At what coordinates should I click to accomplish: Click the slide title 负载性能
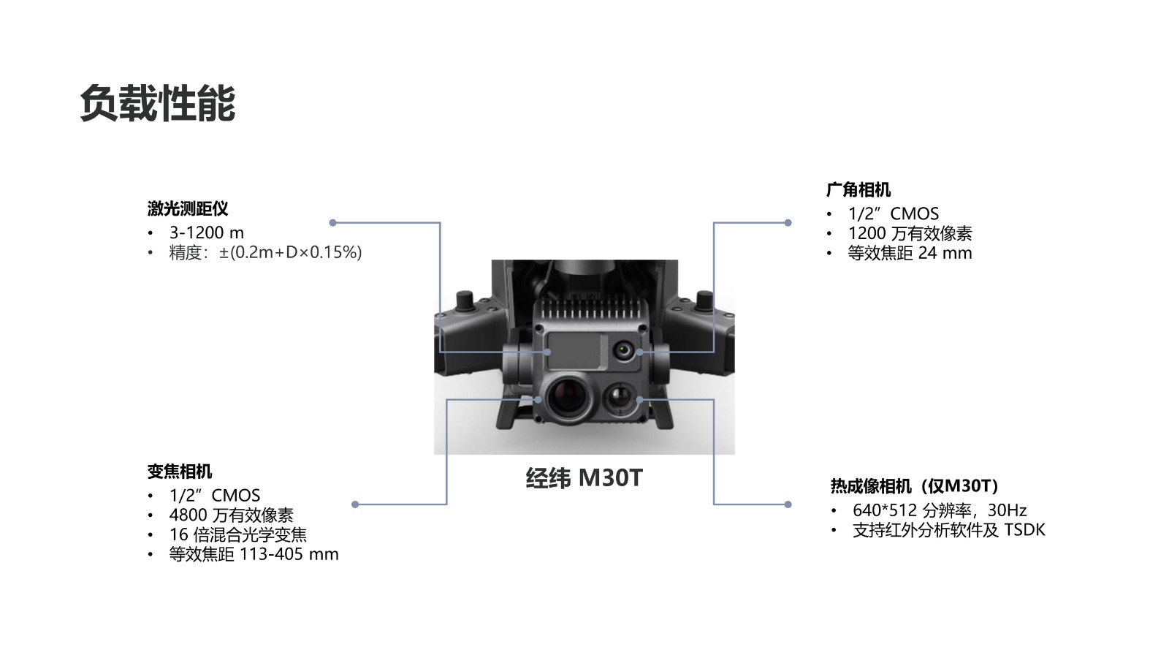click(x=157, y=103)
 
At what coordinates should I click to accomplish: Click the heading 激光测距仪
click(x=188, y=209)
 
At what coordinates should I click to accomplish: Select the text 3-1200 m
click(x=207, y=232)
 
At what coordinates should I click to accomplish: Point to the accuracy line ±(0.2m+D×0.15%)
click(x=290, y=252)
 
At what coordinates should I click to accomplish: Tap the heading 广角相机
click(x=858, y=190)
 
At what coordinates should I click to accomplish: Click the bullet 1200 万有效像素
click(x=910, y=233)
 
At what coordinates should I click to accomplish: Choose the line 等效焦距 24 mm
click(x=910, y=253)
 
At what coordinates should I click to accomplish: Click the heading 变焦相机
click(x=180, y=472)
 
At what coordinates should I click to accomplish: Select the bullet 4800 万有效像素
click(x=231, y=515)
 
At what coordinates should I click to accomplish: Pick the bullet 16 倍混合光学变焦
click(x=238, y=534)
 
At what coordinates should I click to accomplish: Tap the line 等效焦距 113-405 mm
click(x=254, y=554)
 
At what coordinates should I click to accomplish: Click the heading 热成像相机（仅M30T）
click(x=914, y=486)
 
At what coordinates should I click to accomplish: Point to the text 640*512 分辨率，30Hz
click(x=940, y=510)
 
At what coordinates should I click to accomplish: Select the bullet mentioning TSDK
click(x=948, y=530)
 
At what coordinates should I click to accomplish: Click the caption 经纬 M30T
click(x=584, y=478)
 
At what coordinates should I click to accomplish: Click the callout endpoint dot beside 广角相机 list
click(x=788, y=222)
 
